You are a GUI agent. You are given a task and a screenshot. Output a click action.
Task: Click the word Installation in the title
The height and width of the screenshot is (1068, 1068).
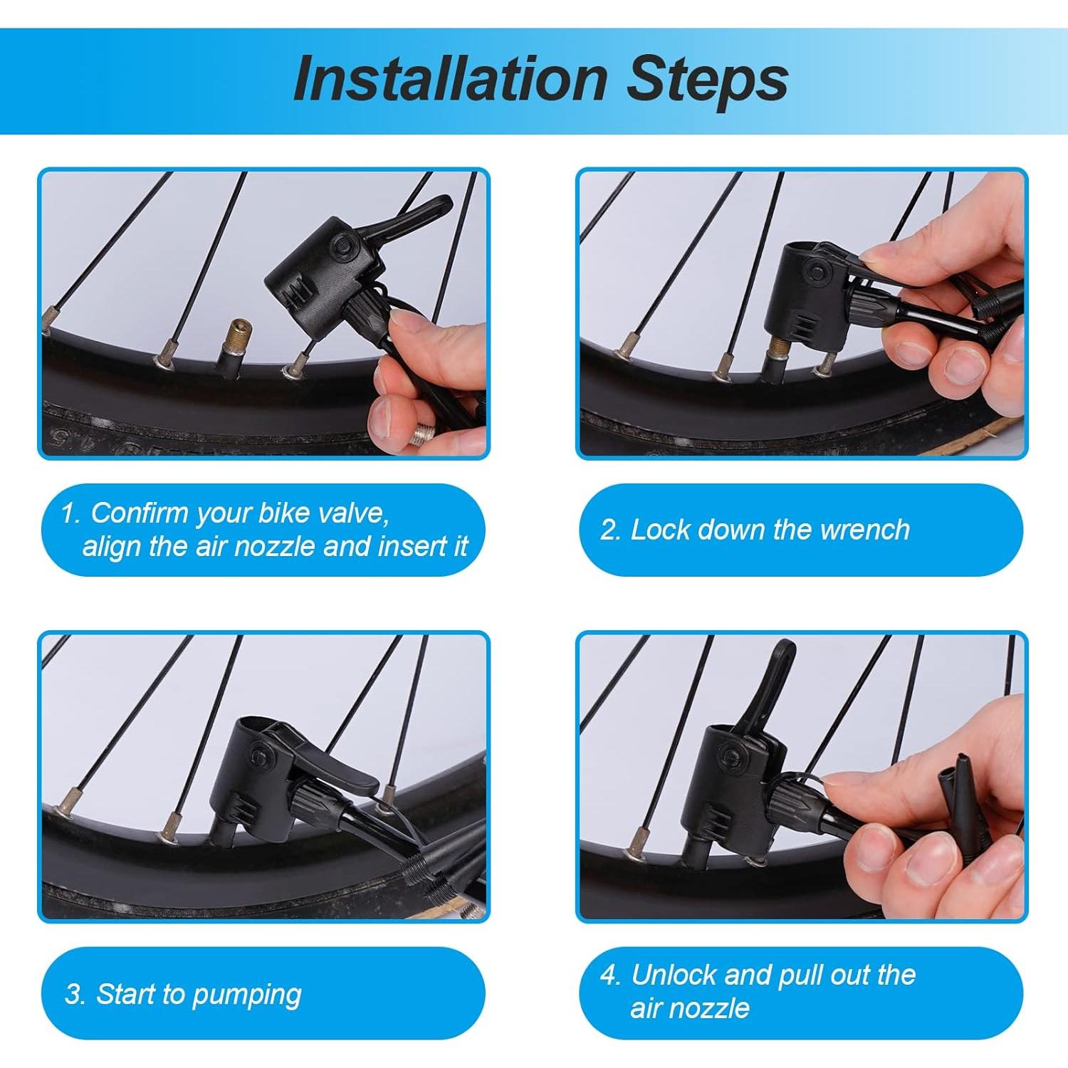pyautogui.click(x=450, y=79)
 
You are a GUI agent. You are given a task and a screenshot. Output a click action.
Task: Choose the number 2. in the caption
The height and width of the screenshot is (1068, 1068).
pyautogui.click(x=611, y=530)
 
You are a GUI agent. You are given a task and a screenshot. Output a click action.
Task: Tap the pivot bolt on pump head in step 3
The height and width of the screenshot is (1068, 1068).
pyautogui.click(x=260, y=753)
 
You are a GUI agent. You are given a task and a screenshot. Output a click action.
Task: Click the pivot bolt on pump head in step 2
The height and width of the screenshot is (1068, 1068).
pyautogui.click(x=817, y=271)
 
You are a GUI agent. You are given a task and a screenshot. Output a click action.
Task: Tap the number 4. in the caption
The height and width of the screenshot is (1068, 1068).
pyautogui.click(x=611, y=975)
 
